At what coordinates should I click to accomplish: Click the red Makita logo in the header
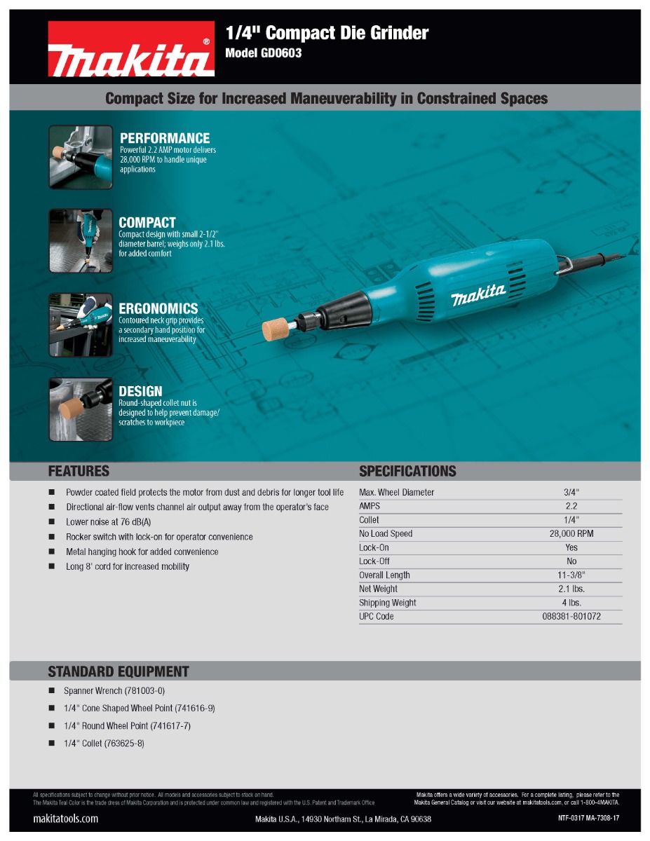pos(131,49)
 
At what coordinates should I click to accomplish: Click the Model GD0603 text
pos(263,53)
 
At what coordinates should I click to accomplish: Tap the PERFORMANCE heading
pos(165,138)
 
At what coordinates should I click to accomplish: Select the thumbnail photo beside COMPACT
pos(81,240)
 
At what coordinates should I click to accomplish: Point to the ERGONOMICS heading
pos(158,308)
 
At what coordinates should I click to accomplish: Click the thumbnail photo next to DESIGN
pos(81,409)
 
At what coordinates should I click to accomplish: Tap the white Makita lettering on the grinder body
pos(478,295)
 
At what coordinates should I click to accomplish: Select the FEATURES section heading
pos(79,471)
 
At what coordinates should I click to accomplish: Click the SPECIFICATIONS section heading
pos(407,471)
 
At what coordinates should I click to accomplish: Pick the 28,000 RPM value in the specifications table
pos(571,534)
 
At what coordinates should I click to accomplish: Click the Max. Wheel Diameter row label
pos(396,493)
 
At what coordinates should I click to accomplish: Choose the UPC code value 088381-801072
pos(571,617)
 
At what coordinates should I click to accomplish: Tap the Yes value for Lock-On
pos(571,547)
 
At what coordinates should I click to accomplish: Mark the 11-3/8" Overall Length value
pos(571,575)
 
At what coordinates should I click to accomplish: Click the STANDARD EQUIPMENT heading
pos(119,671)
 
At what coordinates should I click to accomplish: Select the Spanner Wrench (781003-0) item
pos(114,691)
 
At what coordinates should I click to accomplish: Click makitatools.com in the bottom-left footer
pos(66,819)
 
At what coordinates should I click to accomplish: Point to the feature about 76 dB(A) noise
pos(109,522)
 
